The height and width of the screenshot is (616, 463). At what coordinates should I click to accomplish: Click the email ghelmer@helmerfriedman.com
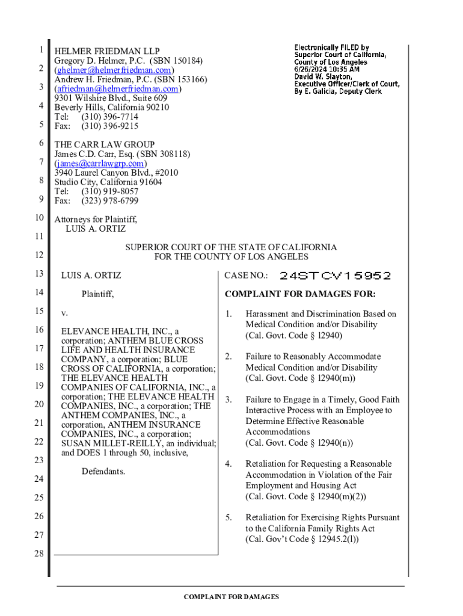tap(115, 70)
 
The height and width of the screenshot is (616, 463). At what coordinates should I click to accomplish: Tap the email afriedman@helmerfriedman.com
tap(118, 89)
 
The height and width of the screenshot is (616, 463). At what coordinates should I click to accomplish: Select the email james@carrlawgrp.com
tap(100, 164)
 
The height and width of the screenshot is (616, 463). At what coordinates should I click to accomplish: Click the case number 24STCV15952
tap(335, 276)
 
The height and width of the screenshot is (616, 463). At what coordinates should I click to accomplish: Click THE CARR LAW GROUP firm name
tap(105, 144)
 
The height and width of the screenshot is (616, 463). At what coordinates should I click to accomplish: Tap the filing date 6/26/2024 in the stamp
tap(313, 69)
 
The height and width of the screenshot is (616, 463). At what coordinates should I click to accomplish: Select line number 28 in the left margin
tap(39, 553)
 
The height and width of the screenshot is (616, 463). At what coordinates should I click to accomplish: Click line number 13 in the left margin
tap(39, 274)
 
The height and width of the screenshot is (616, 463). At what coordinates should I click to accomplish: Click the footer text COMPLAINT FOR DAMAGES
tap(231, 597)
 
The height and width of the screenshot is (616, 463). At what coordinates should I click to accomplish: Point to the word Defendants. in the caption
tap(103, 471)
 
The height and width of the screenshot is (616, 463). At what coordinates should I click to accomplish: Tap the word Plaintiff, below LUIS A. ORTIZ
tap(97, 294)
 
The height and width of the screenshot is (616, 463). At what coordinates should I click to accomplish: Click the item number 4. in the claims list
tap(228, 464)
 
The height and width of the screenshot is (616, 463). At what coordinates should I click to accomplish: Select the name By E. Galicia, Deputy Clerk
tap(338, 91)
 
